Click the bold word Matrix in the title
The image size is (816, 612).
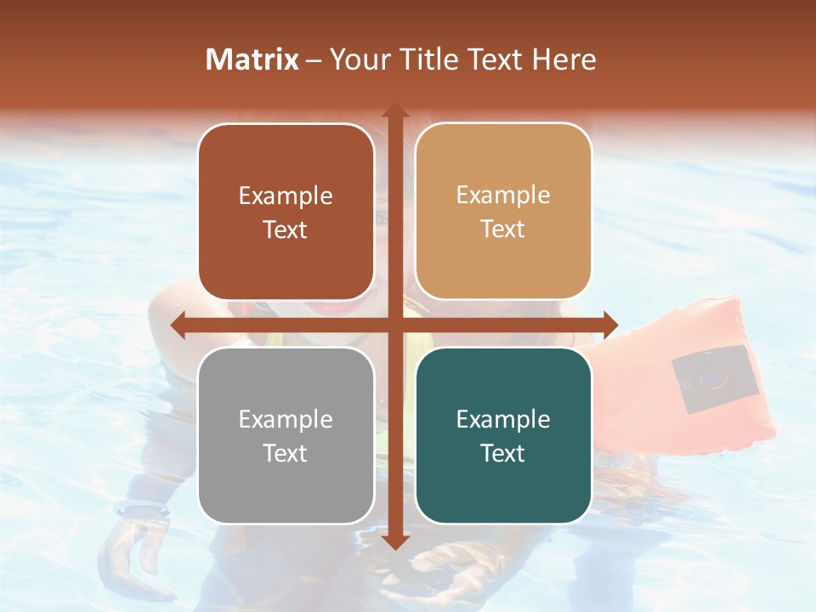pos(252,59)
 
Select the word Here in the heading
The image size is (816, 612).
pos(564,59)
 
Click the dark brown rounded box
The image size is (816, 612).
pos(286,212)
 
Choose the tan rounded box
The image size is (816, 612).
pos(503,212)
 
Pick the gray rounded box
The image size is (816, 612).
pos(286,435)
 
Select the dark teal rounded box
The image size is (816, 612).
pos(503,435)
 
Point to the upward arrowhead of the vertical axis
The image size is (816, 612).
pos(394,111)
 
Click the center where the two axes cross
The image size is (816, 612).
pos(394,325)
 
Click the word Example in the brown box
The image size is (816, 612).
pos(286,196)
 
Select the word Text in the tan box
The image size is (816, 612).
pos(503,229)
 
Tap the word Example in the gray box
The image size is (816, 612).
pos(286,419)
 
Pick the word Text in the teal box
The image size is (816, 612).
pos(503,453)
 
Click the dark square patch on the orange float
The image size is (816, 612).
pos(715,379)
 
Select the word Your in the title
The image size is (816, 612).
pos(356,59)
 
